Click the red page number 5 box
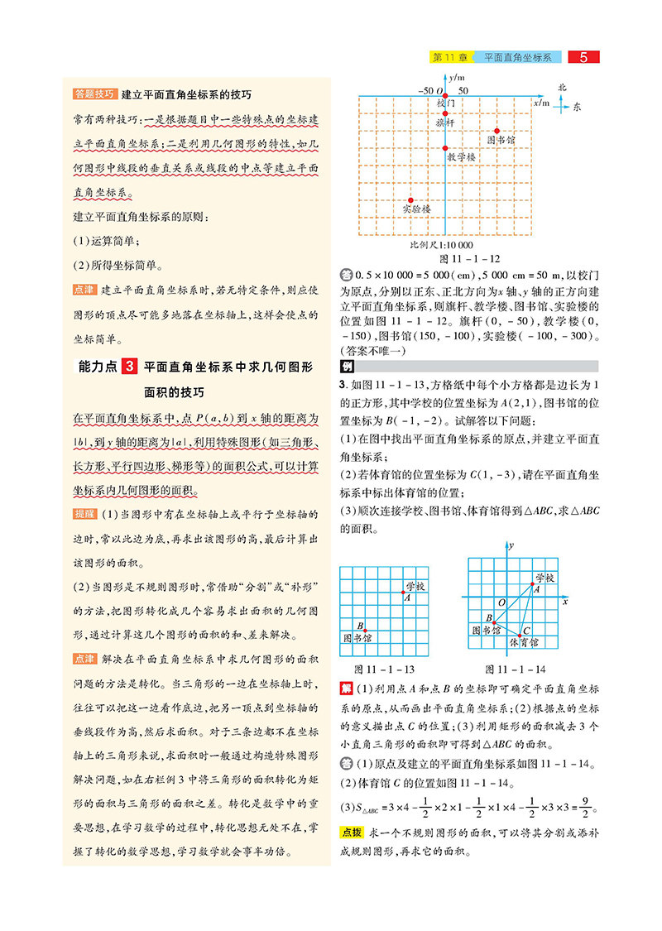click(x=584, y=57)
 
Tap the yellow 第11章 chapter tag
click(x=451, y=57)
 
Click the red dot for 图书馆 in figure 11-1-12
click(x=497, y=130)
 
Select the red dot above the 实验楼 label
click(x=411, y=199)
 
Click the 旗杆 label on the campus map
click(x=445, y=122)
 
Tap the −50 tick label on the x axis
click(x=426, y=90)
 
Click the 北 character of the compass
click(x=562, y=87)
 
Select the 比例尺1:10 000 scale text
click(x=441, y=245)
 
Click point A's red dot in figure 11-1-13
click(x=404, y=592)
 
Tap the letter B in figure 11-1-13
click(x=359, y=625)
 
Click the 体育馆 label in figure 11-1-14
click(x=523, y=642)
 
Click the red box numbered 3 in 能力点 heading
click(x=128, y=366)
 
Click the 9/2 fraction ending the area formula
click(x=580, y=809)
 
